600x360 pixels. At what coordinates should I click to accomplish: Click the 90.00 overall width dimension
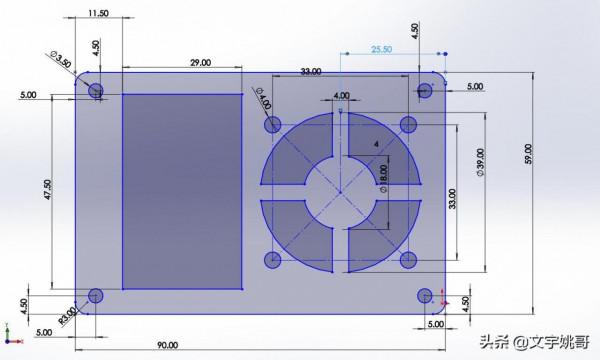tap(168, 345)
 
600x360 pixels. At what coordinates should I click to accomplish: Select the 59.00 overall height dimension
tap(528, 154)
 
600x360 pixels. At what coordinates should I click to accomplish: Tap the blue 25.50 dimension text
tap(382, 49)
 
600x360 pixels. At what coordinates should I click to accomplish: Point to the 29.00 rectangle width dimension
tap(201, 62)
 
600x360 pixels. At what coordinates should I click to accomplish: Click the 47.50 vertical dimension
tap(47, 191)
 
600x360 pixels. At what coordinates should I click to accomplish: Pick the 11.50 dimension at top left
tap(98, 13)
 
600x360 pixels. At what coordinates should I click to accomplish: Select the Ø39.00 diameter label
tap(480, 162)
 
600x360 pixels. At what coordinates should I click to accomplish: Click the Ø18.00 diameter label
tap(383, 179)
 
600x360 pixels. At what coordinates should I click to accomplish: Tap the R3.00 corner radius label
tap(68, 316)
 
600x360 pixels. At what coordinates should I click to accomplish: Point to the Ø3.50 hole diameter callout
tap(61, 59)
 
